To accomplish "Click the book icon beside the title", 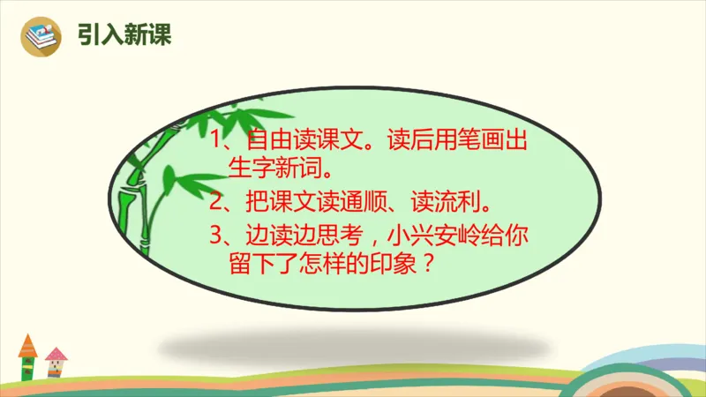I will pos(40,36).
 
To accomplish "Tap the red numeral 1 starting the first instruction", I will pos(218,140).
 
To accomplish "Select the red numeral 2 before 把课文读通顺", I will pos(218,203).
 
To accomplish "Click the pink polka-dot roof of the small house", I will pos(56,354).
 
